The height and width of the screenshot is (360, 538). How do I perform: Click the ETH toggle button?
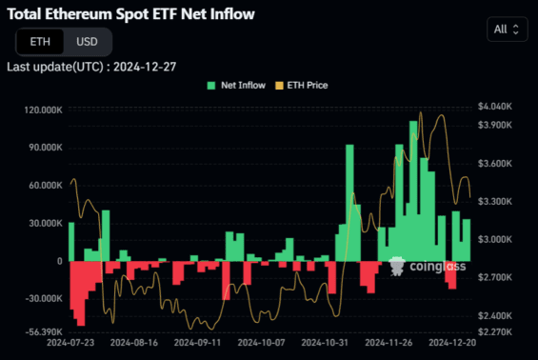pyautogui.click(x=40, y=42)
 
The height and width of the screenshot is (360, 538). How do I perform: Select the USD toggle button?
pyautogui.click(x=87, y=42)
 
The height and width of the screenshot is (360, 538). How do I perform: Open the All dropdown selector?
pyautogui.click(x=506, y=29)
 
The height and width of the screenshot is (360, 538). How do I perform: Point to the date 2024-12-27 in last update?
pyautogui.click(x=141, y=67)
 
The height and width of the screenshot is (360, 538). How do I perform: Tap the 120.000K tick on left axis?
pyautogui.click(x=38, y=110)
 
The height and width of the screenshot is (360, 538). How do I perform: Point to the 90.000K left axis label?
pyautogui.click(x=41, y=148)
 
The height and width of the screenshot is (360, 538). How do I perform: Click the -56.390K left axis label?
pyautogui.click(x=39, y=332)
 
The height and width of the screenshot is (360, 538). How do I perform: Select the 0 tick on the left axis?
pyautogui.click(x=59, y=261)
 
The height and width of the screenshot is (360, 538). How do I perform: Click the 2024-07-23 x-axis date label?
pyautogui.click(x=70, y=343)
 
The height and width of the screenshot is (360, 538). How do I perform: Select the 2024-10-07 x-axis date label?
pyautogui.click(x=261, y=343)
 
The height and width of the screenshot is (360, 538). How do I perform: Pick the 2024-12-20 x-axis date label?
pyautogui.click(x=451, y=343)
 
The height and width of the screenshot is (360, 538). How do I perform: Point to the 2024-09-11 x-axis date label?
pyautogui.click(x=197, y=343)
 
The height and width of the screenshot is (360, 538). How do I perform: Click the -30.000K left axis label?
pyautogui.click(x=40, y=297)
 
